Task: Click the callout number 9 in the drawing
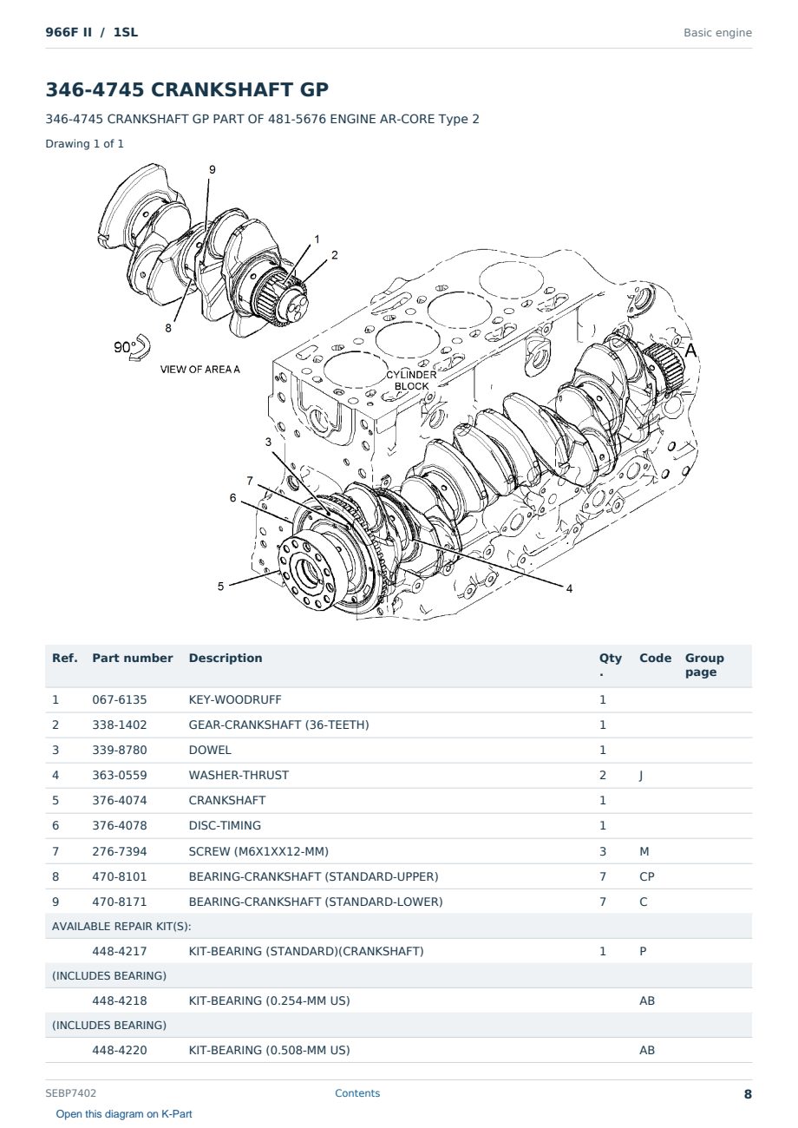coord(212,170)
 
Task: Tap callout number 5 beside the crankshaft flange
coord(220,587)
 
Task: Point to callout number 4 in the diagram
coord(569,588)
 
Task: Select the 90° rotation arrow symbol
coord(140,347)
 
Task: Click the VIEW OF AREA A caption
coord(199,369)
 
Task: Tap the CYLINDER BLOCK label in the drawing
coord(411,380)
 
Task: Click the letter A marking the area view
coord(690,351)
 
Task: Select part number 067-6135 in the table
coord(120,699)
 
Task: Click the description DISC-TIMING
coord(225,825)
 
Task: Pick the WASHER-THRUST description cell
coord(239,775)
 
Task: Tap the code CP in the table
coord(647,876)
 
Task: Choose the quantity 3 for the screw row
coord(603,851)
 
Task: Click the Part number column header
coord(133,658)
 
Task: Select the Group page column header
coord(704,665)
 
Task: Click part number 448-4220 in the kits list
coord(120,1050)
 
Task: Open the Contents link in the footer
coord(357,1093)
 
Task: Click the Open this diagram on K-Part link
coord(124,1114)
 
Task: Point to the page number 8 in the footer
coord(748,1094)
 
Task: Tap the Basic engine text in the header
coord(717,33)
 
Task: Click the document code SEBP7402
coord(70,1093)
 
